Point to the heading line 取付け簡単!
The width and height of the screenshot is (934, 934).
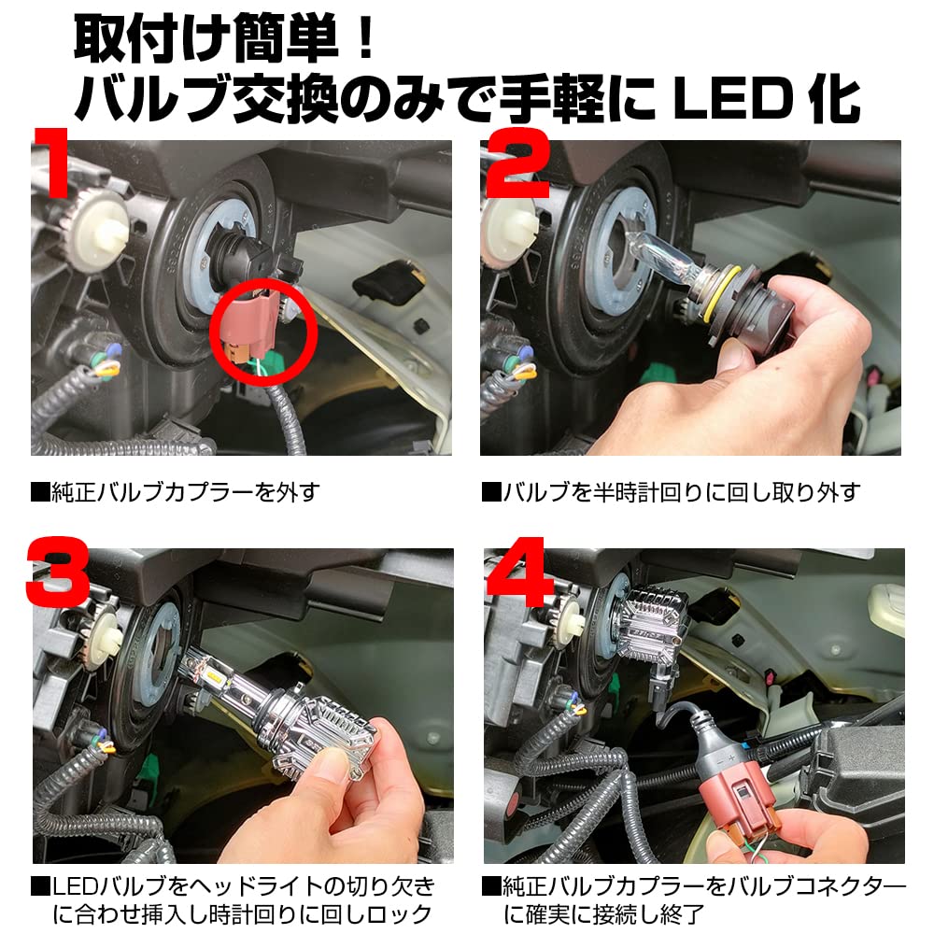click(x=224, y=37)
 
